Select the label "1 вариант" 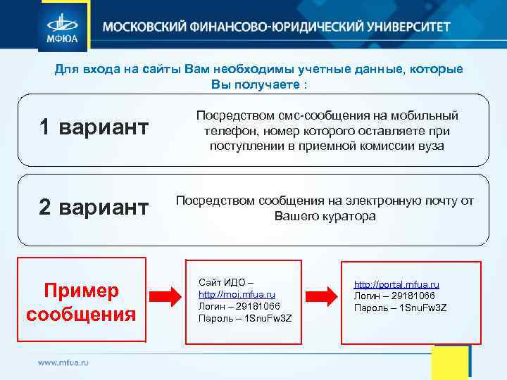(94, 127)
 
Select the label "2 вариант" (94, 208)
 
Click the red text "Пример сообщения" (81, 302)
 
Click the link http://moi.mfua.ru (237, 294)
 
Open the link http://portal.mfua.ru (396, 284)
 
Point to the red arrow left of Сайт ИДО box (166, 294)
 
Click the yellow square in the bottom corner (450, 362)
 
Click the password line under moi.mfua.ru (245, 318)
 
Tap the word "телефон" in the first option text (225, 131)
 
